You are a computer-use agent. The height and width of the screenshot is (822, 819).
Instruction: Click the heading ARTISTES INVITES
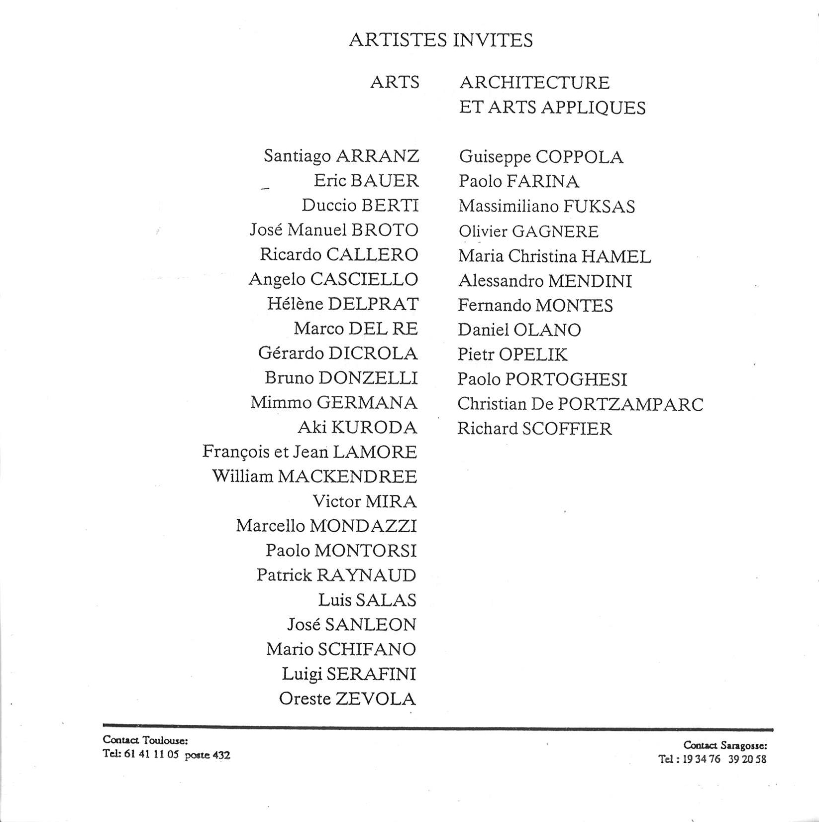(441, 40)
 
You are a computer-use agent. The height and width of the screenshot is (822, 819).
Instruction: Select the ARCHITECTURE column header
(534, 83)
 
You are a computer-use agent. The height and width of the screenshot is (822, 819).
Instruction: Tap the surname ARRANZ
(378, 156)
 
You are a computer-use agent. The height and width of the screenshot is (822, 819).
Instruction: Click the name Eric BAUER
(366, 180)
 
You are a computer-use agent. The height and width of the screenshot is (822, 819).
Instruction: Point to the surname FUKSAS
(600, 206)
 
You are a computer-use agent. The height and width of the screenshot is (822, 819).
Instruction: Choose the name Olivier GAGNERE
(528, 232)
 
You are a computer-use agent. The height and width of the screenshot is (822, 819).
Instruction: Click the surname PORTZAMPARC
(630, 404)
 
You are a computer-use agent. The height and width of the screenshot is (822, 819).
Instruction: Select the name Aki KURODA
(357, 427)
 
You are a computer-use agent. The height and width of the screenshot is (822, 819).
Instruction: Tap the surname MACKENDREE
(347, 476)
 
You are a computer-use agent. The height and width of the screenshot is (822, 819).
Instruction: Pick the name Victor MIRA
(364, 501)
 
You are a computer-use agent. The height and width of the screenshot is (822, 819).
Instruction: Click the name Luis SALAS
(367, 600)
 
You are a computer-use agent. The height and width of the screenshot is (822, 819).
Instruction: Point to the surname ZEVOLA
(376, 699)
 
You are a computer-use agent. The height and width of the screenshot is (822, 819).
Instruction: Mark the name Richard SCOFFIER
(534, 429)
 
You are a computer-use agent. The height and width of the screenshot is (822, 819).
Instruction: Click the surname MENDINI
(590, 281)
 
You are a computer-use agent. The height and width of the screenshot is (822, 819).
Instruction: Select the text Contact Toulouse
(145, 741)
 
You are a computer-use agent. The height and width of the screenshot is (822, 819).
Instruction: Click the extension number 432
(221, 755)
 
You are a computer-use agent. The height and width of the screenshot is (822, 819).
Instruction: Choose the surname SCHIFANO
(367, 649)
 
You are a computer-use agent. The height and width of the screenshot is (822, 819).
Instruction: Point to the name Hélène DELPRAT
(343, 304)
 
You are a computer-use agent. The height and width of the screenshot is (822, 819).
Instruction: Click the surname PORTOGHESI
(566, 379)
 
